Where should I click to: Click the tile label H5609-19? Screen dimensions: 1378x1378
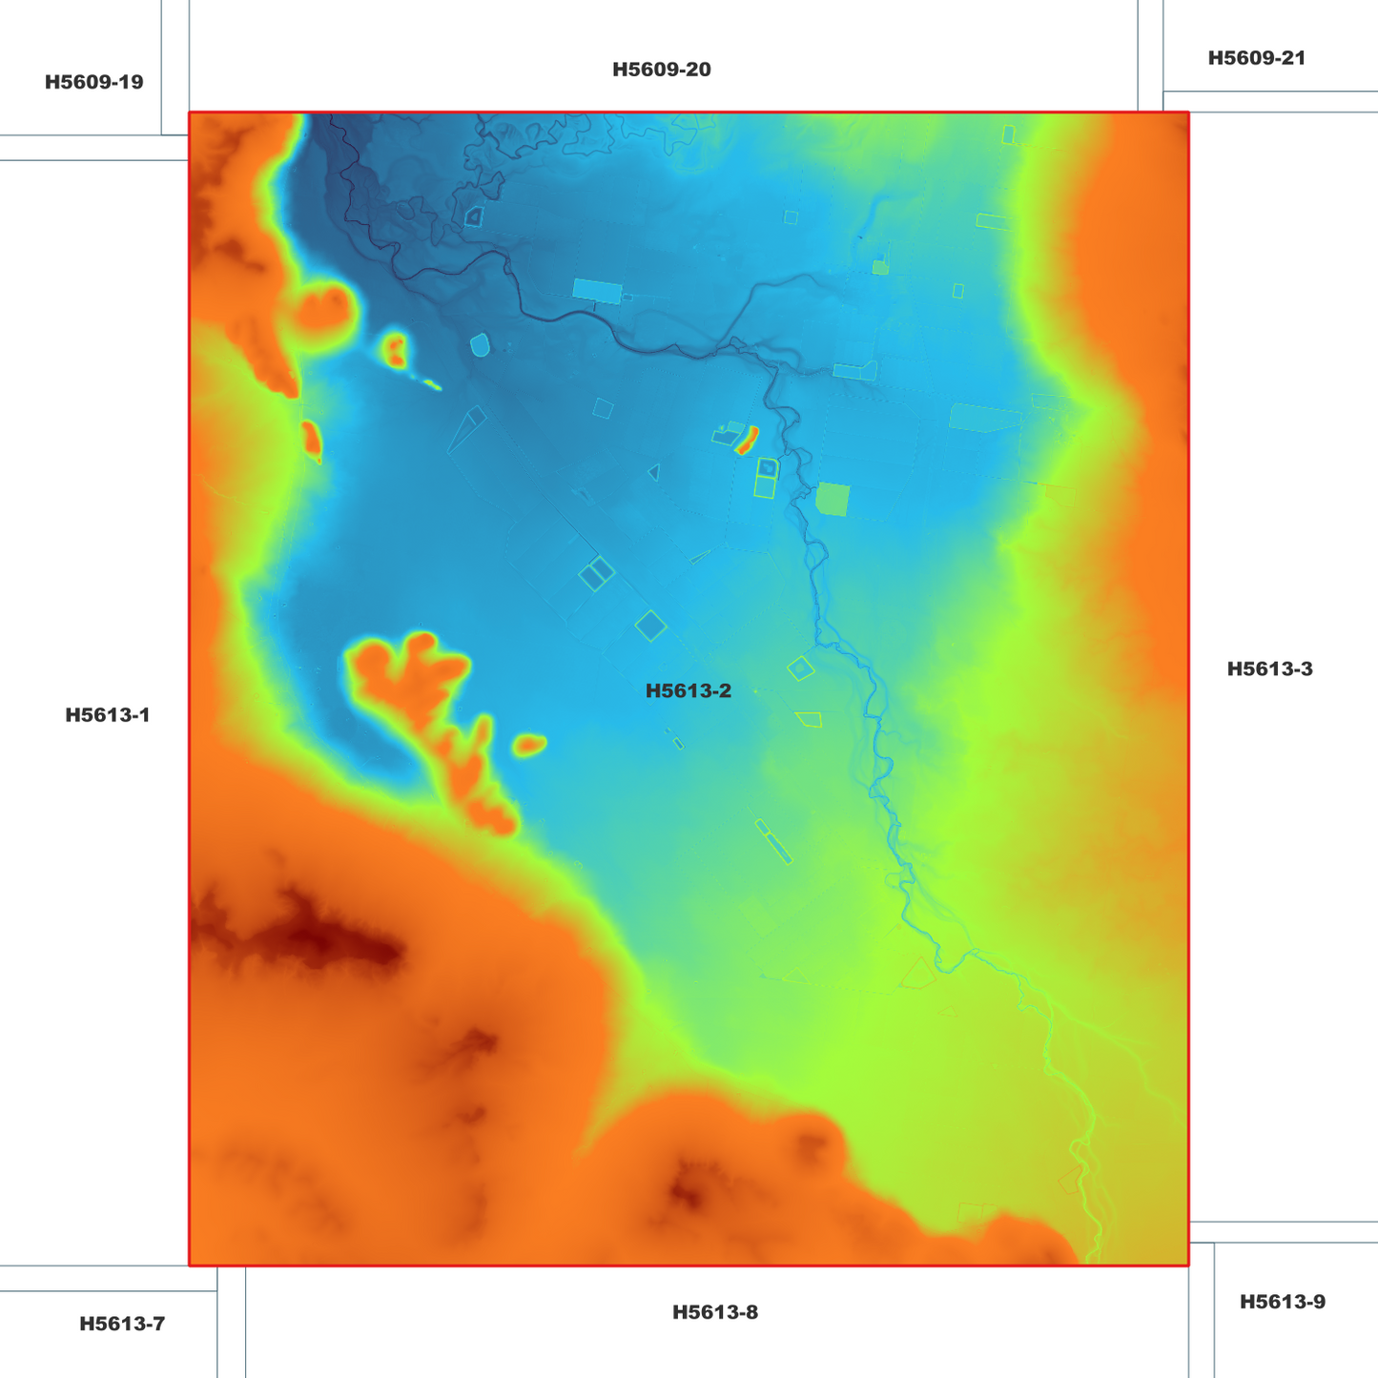coord(93,82)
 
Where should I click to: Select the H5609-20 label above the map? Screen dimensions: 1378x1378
coord(661,70)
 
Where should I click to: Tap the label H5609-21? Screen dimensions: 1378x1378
coord(1256,58)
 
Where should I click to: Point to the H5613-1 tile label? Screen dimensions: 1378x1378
coord(108,715)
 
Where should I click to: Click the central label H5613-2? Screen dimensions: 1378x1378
coord(688,691)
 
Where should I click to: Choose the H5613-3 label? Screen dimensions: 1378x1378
coord(1269,669)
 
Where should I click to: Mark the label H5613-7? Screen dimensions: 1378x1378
coord(122,1324)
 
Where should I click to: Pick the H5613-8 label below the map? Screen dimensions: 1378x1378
coord(714,1312)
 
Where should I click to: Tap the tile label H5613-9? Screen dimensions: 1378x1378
coord(1282,1302)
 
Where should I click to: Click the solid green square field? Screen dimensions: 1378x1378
coord(833,499)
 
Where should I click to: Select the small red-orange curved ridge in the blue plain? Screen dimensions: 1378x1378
coord(747,440)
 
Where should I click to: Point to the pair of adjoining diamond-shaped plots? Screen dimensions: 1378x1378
coord(596,573)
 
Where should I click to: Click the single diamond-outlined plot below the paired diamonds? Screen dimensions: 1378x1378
coord(650,626)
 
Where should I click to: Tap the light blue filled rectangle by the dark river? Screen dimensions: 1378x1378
coord(597,290)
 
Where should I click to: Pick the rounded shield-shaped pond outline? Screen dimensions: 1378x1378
coord(480,344)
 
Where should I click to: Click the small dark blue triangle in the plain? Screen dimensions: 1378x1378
coord(653,471)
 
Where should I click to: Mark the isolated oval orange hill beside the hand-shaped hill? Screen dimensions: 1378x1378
coord(529,744)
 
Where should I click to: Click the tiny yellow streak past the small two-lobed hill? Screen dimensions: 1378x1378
coord(432,385)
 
